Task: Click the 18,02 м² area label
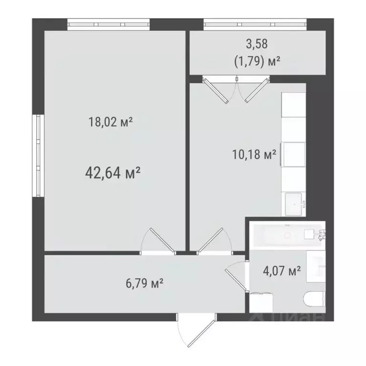click(x=110, y=122)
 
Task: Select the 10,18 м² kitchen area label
click(x=254, y=155)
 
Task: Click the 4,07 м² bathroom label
click(x=282, y=272)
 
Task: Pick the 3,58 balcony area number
click(x=256, y=44)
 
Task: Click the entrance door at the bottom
click(x=195, y=331)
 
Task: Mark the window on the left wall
click(x=37, y=155)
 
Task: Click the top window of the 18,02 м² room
click(x=109, y=24)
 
